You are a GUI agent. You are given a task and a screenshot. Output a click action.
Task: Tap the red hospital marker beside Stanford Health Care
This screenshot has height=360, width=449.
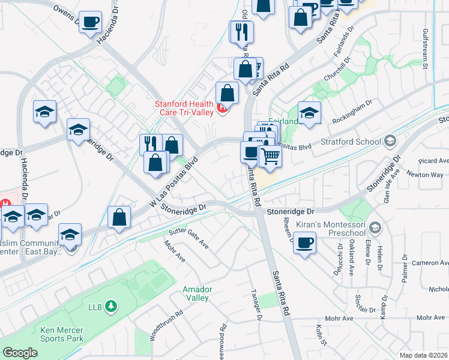click(x=223, y=109)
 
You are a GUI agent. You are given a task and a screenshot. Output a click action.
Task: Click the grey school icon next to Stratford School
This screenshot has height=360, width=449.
click(x=390, y=142)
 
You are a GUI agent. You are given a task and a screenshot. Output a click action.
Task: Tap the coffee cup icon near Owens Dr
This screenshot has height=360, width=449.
click(x=91, y=22)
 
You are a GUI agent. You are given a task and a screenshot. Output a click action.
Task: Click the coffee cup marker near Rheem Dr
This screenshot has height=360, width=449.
click(x=305, y=243)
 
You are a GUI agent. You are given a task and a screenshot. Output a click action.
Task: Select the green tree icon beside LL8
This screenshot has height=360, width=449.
click(x=110, y=307)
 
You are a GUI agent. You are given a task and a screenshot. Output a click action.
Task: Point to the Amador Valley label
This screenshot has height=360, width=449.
click(x=196, y=293)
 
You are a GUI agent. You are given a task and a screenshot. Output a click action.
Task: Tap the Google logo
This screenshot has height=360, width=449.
click(x=20, y=353)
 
